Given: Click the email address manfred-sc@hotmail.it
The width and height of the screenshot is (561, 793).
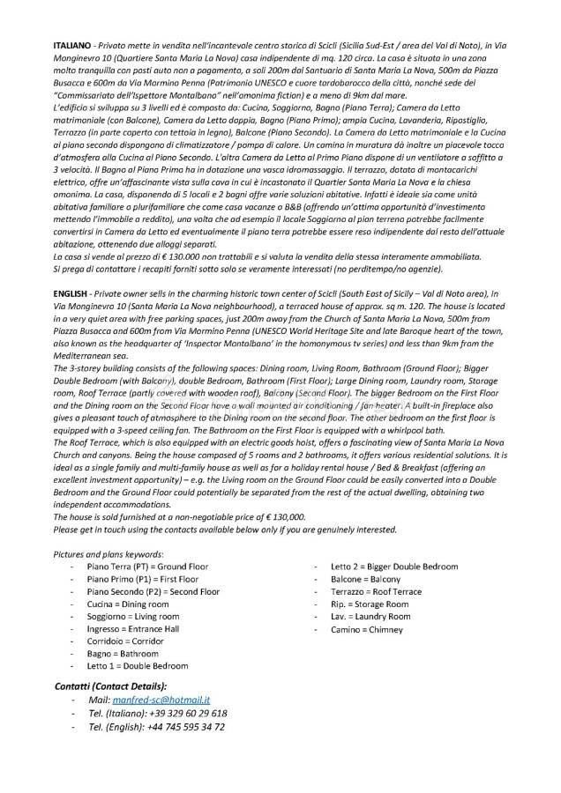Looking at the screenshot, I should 172,699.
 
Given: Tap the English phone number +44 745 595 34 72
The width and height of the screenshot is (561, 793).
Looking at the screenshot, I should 183,727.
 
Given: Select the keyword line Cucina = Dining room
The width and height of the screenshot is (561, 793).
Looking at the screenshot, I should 127,604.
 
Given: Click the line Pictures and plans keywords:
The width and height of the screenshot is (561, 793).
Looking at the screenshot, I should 108,553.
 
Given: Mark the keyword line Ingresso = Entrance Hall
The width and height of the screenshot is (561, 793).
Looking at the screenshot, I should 132,629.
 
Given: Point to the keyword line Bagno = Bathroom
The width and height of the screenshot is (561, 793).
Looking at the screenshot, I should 123,654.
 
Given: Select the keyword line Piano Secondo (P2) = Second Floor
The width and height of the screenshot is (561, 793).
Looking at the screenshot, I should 153,592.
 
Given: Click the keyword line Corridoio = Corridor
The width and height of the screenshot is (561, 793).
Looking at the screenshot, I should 125,641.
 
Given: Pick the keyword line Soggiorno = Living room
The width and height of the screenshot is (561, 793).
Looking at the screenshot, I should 132,617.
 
